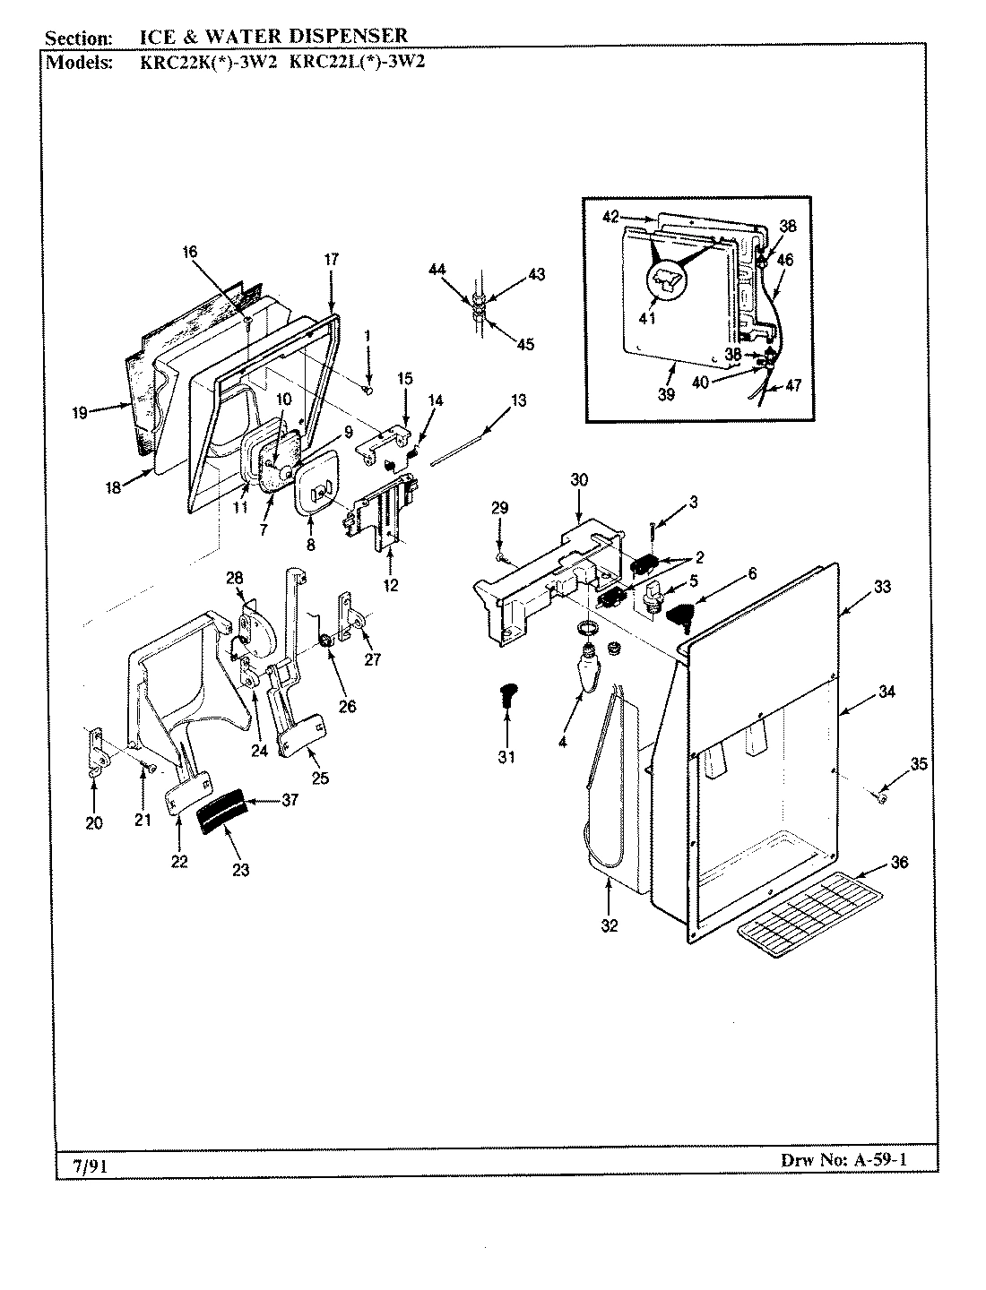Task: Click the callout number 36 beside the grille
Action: click(899, 862)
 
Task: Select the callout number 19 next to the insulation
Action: click(80, 413)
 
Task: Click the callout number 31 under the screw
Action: click(506, 757)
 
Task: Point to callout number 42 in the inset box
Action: click(610, 216)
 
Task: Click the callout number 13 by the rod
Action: click(520, 400)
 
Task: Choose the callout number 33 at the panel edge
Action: click(882, 588)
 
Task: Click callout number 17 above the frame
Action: click(331, 259)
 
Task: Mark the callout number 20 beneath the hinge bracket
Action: click(94, 823)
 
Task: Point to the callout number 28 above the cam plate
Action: click(234, 578)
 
